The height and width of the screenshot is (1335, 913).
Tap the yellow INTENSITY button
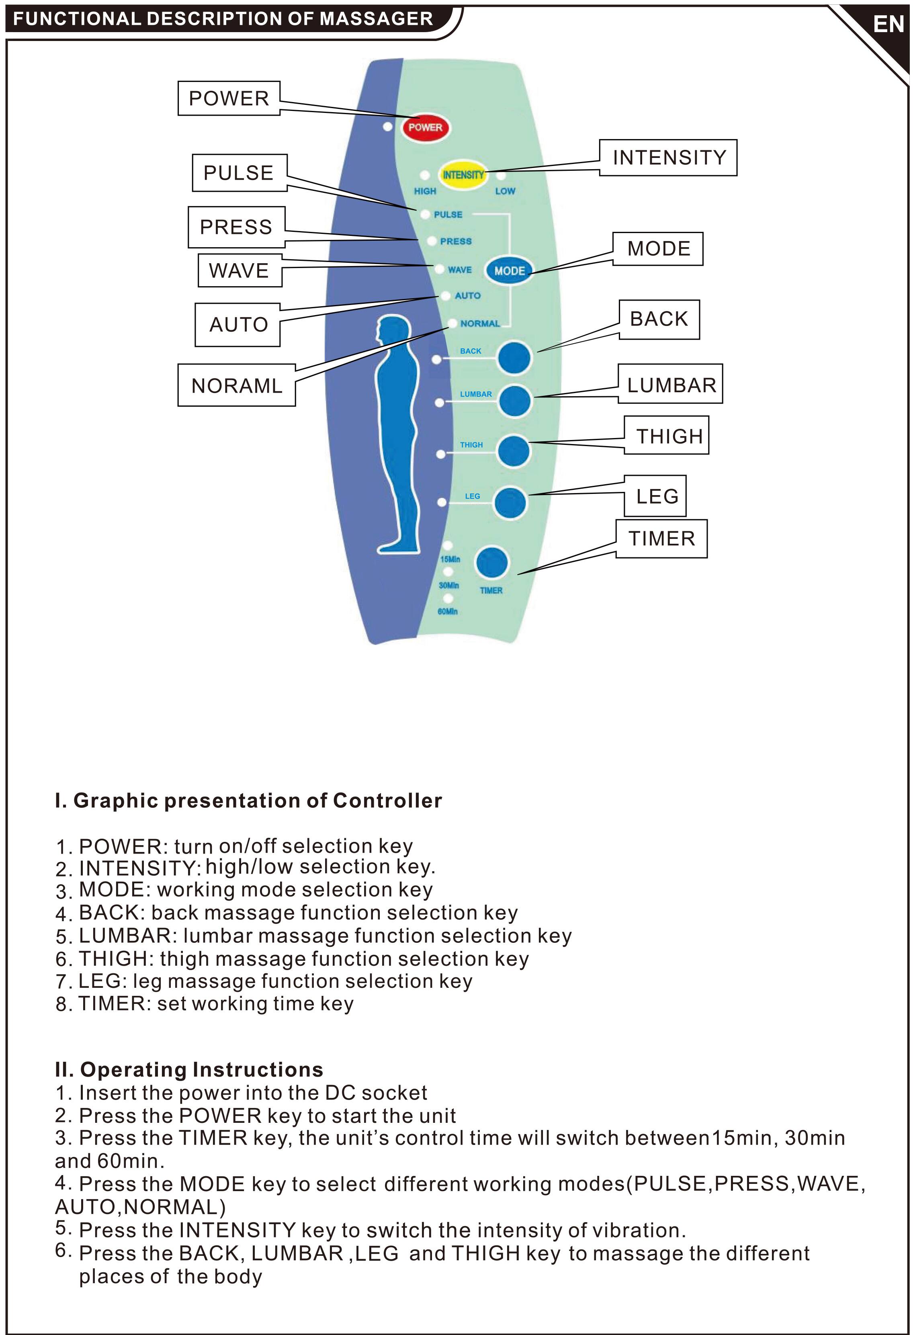463,174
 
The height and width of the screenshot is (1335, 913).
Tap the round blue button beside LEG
510,503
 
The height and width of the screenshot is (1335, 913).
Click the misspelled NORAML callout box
237,385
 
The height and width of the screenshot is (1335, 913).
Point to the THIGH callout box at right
667,436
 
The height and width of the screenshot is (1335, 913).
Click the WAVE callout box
240,270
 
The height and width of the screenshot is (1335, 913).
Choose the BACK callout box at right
659,319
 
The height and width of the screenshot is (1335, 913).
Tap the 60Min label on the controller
448,612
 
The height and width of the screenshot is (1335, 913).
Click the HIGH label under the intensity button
425,191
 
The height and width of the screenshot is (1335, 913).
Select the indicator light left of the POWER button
388,126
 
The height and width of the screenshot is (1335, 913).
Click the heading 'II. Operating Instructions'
189,1070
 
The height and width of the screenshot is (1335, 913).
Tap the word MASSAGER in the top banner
376,19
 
